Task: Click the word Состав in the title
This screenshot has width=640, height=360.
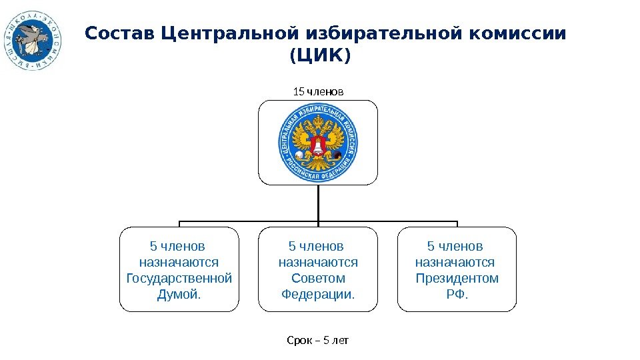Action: tap(121, 33)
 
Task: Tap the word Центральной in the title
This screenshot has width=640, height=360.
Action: tap(230, 33)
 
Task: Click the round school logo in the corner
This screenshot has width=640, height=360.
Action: tap(33, 40)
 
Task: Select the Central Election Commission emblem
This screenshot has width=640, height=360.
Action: tap(318, 142)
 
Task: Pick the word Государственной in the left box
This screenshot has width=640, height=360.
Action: tap(179, 278)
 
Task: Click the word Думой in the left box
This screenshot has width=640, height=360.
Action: tap(178, 294)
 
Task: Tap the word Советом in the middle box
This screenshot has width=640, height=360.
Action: tap(318, 278)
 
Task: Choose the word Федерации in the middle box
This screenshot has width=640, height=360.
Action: tap(317, 294)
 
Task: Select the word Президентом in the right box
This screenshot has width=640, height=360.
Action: tap(457, 278)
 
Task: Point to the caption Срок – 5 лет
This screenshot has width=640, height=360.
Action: tap(318, 341)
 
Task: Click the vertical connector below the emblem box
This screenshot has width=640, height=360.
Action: tap(319, 203)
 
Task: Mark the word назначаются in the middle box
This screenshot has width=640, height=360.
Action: tap(318, 262)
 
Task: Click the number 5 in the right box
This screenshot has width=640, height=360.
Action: tap(431, 246)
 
